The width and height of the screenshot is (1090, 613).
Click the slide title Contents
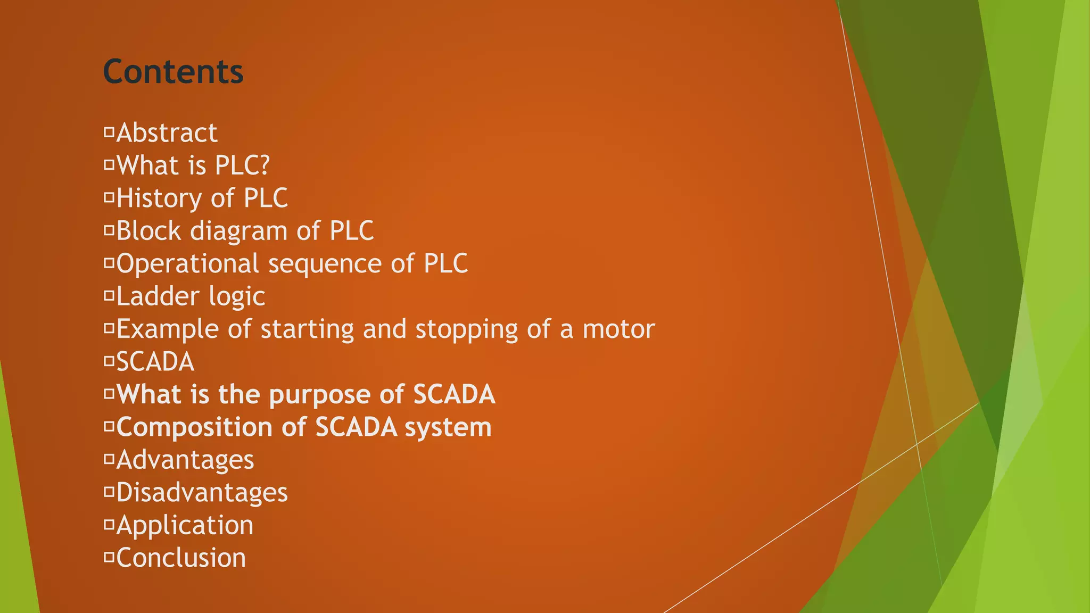click(173, 71)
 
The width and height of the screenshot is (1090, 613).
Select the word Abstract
click(167, 132)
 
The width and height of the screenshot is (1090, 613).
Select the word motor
click(618, 329)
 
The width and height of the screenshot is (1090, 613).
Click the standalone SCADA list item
click(155, 362)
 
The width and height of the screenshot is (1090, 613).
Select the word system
click(448, 428)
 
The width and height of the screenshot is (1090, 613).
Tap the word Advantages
click(185, 460)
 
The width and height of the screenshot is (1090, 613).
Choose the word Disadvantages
click(202, 493)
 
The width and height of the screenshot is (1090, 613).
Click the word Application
click(185, 526)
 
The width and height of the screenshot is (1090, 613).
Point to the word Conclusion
click(181, 558)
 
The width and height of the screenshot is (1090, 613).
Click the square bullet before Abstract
click(109, 132)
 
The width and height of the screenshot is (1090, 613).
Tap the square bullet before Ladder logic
click(109, 296)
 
